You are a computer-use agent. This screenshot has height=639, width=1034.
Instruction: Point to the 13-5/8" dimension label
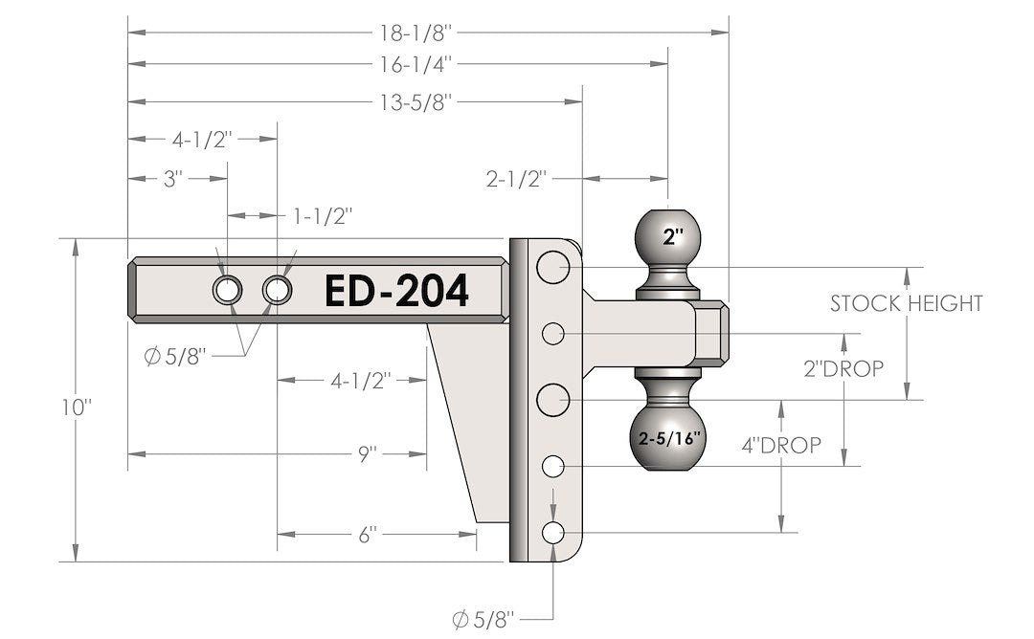tap(416, 101)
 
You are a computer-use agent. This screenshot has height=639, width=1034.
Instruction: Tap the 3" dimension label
tap(173, 179)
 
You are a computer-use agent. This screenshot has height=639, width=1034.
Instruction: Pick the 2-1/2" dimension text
tap(516, 179)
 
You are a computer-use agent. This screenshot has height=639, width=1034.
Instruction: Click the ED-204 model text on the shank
tap(397, 291)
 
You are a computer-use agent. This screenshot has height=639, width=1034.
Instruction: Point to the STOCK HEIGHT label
tap(906, 304)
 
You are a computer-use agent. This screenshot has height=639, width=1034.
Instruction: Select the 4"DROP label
tap(780, 445)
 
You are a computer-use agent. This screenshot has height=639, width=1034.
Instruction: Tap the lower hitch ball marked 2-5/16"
tap(669, 437)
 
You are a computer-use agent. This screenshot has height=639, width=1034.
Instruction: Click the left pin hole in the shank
tap(228, 290)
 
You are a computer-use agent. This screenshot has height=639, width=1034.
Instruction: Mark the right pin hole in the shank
tap(278, 290)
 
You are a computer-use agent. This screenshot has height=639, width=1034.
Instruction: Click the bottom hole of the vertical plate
tap(553, 533)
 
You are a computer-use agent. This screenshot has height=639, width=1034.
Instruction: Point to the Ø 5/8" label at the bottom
tap(483, 619)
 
